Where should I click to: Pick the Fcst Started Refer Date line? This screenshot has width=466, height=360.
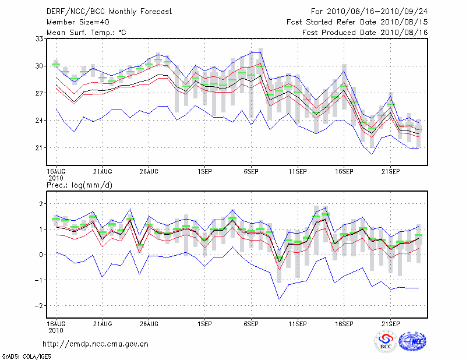pos(357,22)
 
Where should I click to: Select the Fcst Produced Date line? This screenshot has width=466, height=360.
pos(365,33)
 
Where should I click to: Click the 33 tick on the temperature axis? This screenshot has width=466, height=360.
pos(40,39)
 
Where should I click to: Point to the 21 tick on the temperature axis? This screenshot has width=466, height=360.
pos(40,148)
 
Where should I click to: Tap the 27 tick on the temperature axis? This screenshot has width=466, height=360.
pos(40,93)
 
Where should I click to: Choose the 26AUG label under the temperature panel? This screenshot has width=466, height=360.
pos(149,172)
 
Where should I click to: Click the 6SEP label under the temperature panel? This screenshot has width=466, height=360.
pos(251,172)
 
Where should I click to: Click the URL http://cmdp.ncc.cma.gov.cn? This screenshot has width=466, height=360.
pos(96,344)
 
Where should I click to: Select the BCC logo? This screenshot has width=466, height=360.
pos(385,341)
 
